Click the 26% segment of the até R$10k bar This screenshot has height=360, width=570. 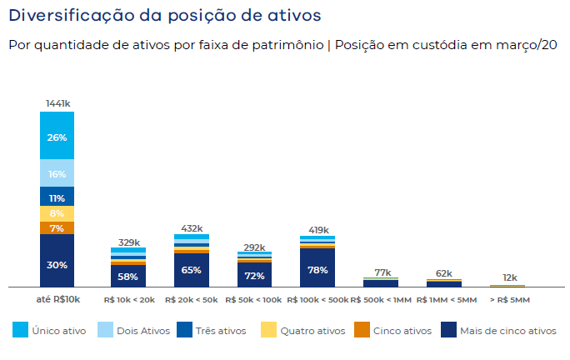(x=57, y=137)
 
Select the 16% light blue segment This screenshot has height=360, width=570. (x=57, y=174)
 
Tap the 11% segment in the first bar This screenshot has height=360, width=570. (x=57, y=197)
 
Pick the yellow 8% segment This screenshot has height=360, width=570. (x=57, y=213)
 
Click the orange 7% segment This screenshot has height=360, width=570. (x=57, y=227)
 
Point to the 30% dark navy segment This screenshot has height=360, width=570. (x=57, y=264)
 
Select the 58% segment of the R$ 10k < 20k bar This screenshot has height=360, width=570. (x=127, y=276)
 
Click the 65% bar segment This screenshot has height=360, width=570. (x=191, y=270)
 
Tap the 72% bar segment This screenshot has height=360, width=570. (x=254, y=275)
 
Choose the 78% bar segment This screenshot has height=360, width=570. (x=317, y=269)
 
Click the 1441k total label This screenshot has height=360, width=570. (x=57, y=103)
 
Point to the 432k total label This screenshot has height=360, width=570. (x=191, y=227)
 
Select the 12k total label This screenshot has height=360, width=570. (x=509, y=277)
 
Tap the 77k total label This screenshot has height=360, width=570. (x=382, y=272)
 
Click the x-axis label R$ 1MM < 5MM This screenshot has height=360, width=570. (x=446, y=299)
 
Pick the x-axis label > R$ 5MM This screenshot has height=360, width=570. (x=509, y=299)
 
